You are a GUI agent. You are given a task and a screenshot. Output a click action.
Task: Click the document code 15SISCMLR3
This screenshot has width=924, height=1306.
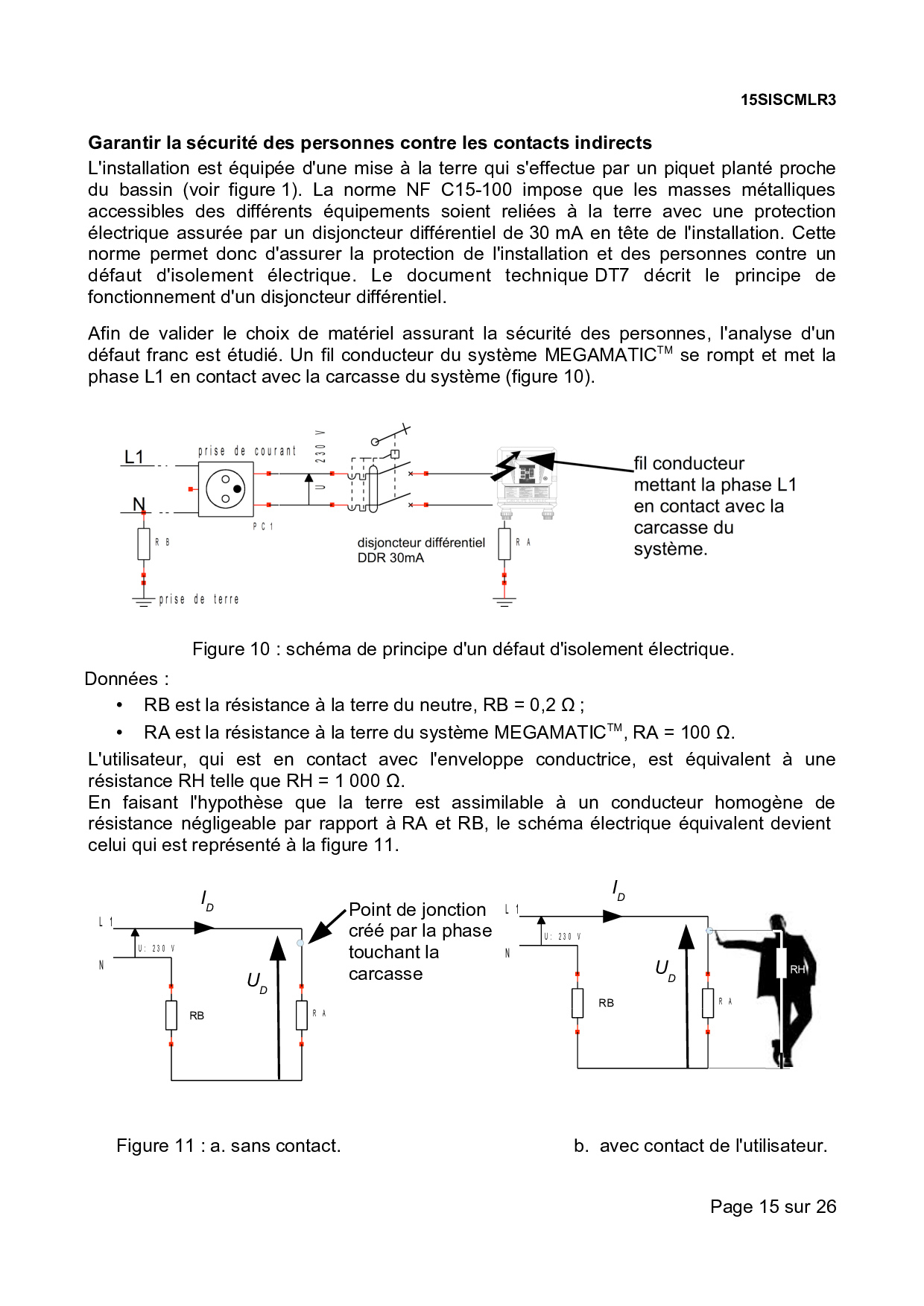[x=788, y=100]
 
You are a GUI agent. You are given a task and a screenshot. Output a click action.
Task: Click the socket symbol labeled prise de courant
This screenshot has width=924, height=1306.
[x=226, y=489]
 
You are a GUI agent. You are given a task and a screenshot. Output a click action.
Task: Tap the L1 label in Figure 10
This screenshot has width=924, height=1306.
[x=134, y=457]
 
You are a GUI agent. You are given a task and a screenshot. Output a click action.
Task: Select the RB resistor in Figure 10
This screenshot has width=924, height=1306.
[x=144, y=544]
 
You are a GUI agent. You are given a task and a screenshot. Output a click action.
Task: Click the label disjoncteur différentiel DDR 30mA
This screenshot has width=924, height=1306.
[x=420, y=550]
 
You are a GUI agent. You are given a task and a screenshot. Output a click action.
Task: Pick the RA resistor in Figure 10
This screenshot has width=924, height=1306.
[x=504, y=543]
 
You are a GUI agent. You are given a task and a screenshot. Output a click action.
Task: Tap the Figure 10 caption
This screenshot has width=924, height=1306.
[x=463, y=649]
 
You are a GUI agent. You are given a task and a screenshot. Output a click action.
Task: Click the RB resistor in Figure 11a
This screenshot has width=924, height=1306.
[x=171, y=1015]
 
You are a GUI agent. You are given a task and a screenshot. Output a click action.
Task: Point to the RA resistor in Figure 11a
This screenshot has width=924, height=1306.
[x=302, y=1015]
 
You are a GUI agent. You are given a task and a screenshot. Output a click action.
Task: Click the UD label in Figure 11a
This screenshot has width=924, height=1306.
[x=256, y=982]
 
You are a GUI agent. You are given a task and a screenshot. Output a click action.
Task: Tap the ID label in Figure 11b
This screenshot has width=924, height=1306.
[x=618, y=890]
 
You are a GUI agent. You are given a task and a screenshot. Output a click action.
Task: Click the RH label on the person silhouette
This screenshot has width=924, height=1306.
[x=797, y=969]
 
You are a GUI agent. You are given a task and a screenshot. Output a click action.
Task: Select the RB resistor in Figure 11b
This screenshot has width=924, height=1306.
[x=577, y=1003]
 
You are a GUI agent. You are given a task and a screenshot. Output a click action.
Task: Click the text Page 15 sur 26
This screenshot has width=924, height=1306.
[x=773, y=1207]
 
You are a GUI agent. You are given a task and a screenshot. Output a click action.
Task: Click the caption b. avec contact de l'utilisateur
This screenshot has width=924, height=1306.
[x=700, y=1146]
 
